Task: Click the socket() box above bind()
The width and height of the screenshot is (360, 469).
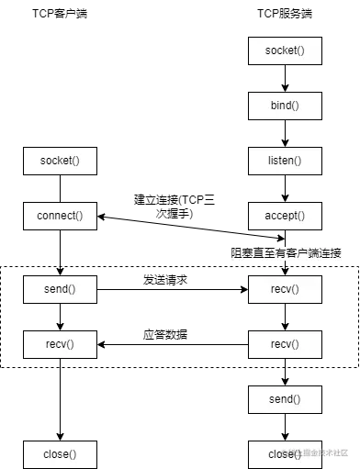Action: click(x=285, y=50)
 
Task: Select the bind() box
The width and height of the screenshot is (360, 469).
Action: click(x=285, y=106)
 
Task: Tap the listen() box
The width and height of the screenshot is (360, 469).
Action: click(x=285, y=161)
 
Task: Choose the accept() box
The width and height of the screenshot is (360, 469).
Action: click(x=285, y=216)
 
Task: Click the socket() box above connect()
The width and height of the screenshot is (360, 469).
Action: click(x=60, y=161)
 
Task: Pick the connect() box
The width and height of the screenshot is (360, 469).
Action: click(x=60, y=216)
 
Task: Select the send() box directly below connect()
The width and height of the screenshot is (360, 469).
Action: click(x=60, y=289)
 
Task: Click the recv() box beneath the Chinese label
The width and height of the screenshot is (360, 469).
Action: click(x=285, y=289)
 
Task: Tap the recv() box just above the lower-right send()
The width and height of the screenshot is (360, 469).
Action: click(x=285, y=344)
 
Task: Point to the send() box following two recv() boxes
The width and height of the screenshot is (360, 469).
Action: click(x=285, y=399)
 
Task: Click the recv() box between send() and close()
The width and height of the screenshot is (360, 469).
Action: click(x=60, y=344)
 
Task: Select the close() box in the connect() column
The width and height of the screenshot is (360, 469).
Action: click(x=60, y=453)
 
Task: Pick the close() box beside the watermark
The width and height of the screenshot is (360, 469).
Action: click(x=281, y=453)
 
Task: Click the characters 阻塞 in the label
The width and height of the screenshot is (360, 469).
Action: click(x=242, y=252)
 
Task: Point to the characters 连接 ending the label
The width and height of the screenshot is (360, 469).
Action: click(x=331, y=252)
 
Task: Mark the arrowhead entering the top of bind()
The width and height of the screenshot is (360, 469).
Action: click(x=285, y=89)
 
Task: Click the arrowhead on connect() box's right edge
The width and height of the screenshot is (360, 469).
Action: click(x=99, y=217)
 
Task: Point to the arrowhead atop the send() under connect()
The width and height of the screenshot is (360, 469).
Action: click(x=60, y=274)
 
